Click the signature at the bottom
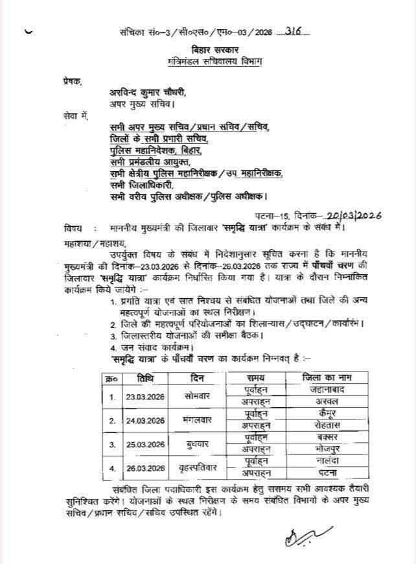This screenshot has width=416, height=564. pyautogui.click(x=303, y=537)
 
